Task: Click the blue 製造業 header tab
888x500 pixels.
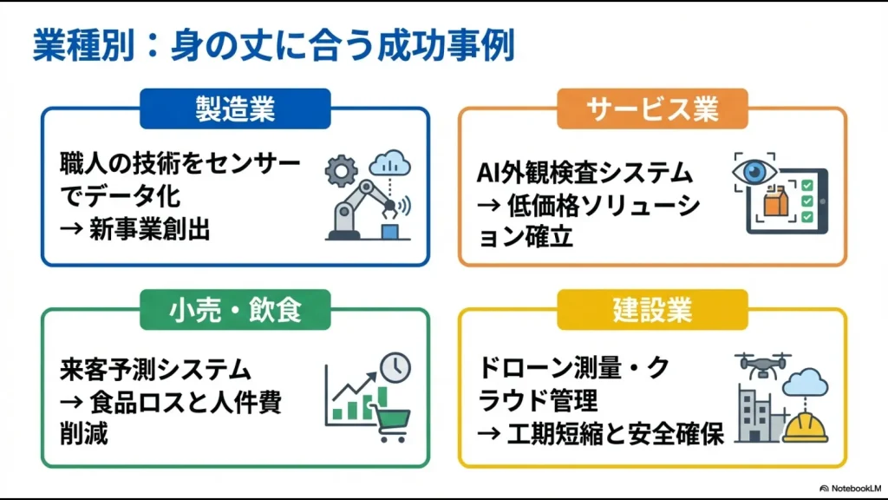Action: point(235,109)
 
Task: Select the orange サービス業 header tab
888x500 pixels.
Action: point(652,109)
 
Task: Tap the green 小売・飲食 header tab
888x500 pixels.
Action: point(235,310)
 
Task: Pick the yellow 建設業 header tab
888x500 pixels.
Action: point(652,310)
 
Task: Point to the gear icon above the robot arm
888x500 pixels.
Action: point(341,171)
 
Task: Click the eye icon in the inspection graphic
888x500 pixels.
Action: point(750,173)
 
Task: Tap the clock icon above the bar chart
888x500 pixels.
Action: point(395,367)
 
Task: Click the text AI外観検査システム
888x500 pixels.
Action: point(586,174)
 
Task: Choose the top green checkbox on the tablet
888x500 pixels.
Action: point(807,185)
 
